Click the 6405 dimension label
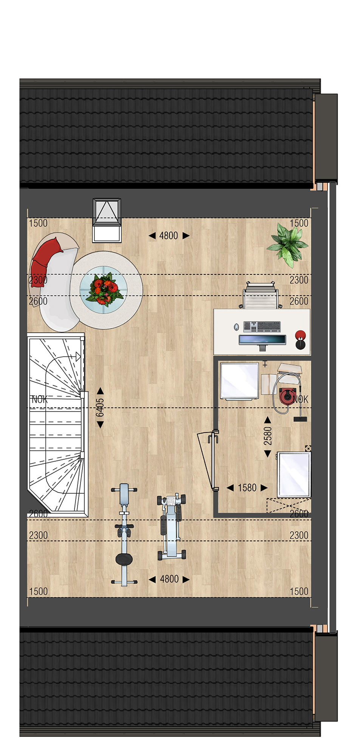coord(100,407)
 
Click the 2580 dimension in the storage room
coord(268,436)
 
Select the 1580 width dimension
coord(247,488)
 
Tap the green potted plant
coord(288,245)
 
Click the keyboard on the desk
coord(262,326)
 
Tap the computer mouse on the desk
coord(236,327)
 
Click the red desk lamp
coord(300,339)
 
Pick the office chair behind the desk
coord(261,296)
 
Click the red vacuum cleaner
coord(287,396)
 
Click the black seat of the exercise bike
coord(124,559)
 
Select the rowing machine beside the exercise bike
coord(172,527)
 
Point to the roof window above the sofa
coord(107,220)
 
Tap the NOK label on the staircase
coord(39,399)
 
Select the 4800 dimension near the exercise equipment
coord(169,579)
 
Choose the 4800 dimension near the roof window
coord(169,235)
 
